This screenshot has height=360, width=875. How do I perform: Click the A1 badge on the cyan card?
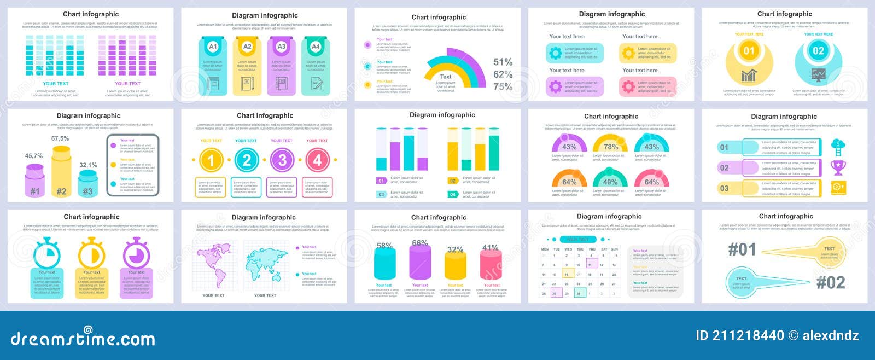[x=213, y=47]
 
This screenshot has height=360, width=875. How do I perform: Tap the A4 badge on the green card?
[x=316, y=47]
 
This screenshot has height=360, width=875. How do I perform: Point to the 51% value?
[x=503, y=62]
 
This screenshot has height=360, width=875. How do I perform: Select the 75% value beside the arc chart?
[x=503, y=86]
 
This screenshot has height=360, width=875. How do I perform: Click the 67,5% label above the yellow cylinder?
[x=60, y=138]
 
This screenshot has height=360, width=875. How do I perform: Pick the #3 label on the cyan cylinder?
[x=87, y=191]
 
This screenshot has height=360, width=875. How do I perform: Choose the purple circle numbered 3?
[x=282, y=160]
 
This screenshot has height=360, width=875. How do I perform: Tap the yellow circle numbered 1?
[x=211, y=160]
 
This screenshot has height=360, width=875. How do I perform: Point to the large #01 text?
[x=742, y=249]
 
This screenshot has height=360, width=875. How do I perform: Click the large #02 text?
[x=831, y=282]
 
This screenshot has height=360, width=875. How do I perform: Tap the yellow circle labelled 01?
[x=749, y=51]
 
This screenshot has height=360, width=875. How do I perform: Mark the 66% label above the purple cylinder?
[x=420, y=243]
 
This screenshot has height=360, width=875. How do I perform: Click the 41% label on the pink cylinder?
[x=491, y=248]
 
